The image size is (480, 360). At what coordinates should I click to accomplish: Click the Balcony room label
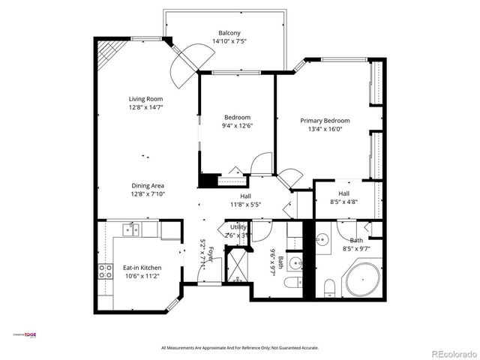click(x=229, y=33)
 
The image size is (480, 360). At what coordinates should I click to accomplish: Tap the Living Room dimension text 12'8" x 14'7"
click(x=145, y=107)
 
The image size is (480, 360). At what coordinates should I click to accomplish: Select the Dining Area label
click(x=148, y=185)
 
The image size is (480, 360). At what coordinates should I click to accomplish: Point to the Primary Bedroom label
click(x=325, y=120)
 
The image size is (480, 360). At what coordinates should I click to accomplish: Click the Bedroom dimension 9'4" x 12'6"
click(x=237, y=126)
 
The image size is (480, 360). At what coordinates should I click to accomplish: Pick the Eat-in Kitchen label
click(x=142, y=268)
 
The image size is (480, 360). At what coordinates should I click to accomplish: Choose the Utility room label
click(x=238, y=226)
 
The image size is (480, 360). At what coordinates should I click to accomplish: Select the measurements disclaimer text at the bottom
click(x=240, y=348)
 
